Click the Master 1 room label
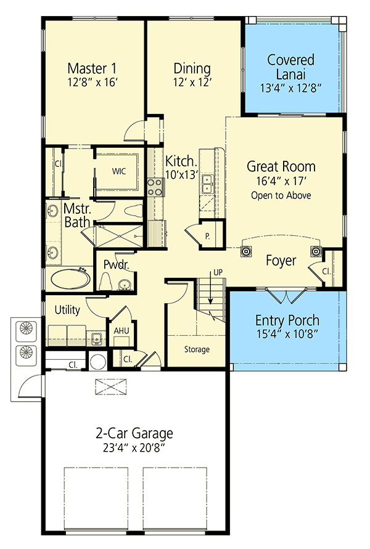[x=92, y=68]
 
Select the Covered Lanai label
[x=291, y=67]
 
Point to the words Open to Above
[x=281, y=195]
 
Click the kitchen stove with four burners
[x=155, y=187]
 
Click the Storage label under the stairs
[x=197, y=349]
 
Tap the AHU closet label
[x=121, y=330]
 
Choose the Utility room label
[x=67, y=310]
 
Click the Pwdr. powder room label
[x=115, y=266]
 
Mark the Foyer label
[x=281, y=261]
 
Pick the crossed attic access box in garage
[x=112, y=386]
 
